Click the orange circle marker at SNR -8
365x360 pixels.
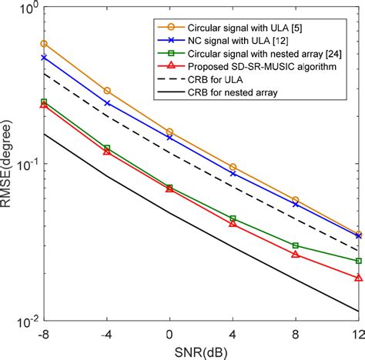[x=44, y=44]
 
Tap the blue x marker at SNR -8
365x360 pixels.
[x=44, y=57]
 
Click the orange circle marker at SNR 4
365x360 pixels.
[x=233, y=167]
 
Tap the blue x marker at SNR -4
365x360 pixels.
[x=107, y=102]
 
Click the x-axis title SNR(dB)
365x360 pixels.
[x=201, y=352]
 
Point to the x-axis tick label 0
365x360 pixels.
[x=169, y=335]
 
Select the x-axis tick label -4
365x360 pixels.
[x=106, y=335]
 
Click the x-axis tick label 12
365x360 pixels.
[x=357, y=335]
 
